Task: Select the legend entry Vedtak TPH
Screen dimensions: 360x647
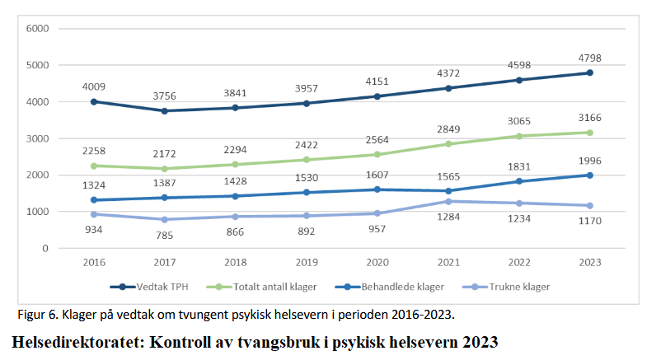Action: click(156, 287)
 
